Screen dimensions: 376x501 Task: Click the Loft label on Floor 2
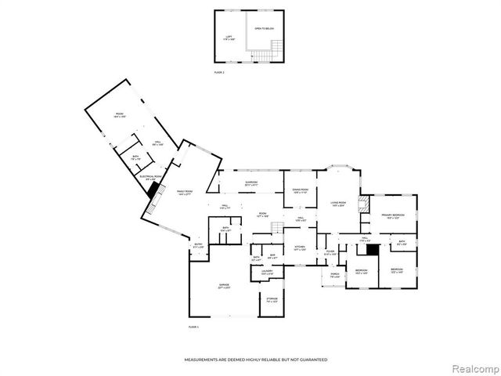pyautogui.click(x=228, y=37)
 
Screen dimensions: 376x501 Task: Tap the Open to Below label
pyautogui.click(x=264, y=28)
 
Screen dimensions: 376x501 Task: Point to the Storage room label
pyautogui.click(x=271, y=300)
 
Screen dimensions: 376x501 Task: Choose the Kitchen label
pyautogui.click(x=299, y=248)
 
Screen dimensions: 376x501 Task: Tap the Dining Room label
pyautogui.click(x=301, y=191)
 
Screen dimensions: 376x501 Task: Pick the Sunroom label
pyautogui.click(x=250, y=184)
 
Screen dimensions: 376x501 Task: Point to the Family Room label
pyautogui.click(x=184, y=192)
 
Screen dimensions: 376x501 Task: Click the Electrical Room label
pyautogui.click(x=150, y=177)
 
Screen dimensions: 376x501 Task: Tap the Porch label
pyautogui.click(x=334, y=274)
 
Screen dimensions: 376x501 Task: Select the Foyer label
pyautogui.click(x=330, y=252)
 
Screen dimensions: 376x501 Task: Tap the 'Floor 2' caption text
pyautogui.click(x=219, y=71)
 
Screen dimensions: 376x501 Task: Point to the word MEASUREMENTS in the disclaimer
pyautogui.click(x=202, y=360)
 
